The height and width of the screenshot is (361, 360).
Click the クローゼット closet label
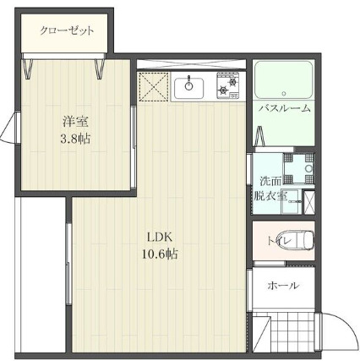pos(65,31)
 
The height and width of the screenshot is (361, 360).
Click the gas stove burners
pos(228,85)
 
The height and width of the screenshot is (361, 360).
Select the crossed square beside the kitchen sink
pos(154,86)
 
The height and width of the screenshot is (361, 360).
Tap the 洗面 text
pos(270,180)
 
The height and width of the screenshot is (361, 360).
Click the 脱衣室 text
pos(270,196)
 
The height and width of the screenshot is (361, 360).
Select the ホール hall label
pos(282,286)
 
